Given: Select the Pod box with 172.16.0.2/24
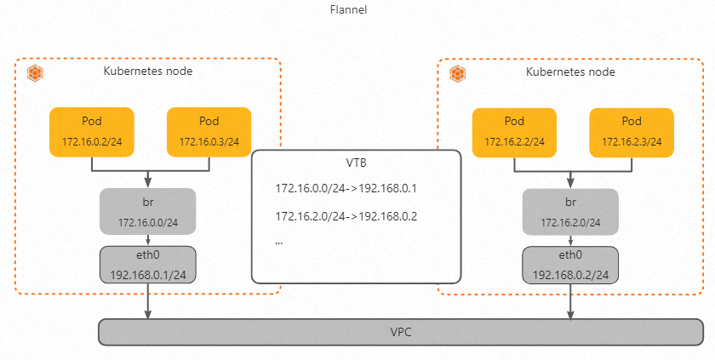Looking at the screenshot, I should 92,131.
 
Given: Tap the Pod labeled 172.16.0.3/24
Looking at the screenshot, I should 209,131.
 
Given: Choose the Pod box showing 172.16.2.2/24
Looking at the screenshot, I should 514,131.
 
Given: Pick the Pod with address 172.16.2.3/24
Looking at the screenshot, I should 632,131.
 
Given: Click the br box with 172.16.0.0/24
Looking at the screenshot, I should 148,212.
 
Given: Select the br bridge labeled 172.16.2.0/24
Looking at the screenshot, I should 570,212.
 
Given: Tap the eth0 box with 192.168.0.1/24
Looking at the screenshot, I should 148,265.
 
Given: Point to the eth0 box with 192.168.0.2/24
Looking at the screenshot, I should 570,265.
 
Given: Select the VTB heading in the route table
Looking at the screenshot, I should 357,163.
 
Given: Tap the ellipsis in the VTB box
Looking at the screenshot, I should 279,242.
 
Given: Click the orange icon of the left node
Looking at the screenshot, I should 36,73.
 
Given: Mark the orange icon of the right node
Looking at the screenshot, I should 458,73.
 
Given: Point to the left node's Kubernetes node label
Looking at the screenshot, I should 148,71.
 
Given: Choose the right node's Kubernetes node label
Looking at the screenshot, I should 570,71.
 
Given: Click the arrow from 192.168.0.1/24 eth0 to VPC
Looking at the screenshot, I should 149,301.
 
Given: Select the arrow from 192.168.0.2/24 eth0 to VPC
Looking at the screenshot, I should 571,301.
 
